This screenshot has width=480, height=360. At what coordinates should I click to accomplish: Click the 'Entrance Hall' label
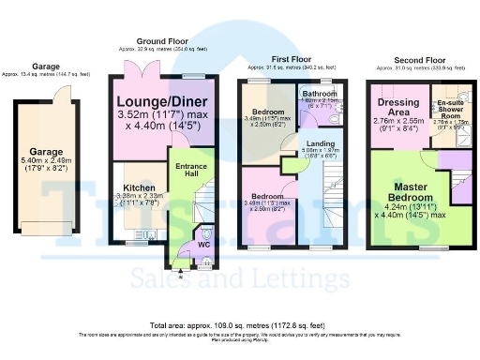pyautogui.click(x=190, y=171)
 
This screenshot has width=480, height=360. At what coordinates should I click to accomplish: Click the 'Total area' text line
pyautogui.click(x=240, y=322)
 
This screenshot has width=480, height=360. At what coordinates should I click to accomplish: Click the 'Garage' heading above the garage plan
pyautogui.click(x=46, y=67)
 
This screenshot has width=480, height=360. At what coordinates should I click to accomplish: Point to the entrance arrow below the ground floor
pyautogui.click(x=179, y=264)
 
